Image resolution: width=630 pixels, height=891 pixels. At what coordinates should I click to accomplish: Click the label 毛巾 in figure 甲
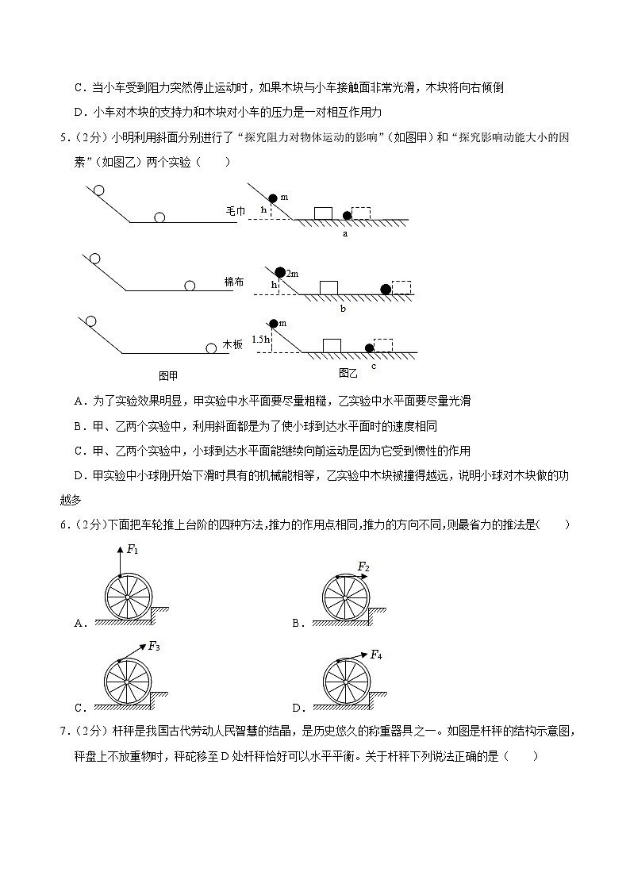(236, 211)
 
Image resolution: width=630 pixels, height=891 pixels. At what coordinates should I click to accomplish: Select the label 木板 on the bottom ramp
(232, 344)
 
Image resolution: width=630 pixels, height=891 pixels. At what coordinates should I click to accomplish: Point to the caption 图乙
(348, 372)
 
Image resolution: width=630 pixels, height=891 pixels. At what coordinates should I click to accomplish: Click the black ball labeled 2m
(280, 272)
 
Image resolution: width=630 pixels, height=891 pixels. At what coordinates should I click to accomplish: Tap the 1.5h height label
(259, 339)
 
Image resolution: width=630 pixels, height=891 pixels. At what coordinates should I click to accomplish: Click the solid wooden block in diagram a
(323, 213)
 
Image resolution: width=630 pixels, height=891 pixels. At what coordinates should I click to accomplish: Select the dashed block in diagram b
(401, 287)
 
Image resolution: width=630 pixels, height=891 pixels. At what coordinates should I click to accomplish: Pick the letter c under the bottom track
(373, 366)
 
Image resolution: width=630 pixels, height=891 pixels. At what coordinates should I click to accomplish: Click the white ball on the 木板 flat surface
(211, 348)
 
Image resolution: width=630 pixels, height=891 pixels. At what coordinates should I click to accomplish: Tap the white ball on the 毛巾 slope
(98, 190)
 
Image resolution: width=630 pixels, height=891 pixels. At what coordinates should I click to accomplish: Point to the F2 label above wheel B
(363, 566)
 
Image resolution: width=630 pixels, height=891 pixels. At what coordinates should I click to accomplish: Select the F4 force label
(376, 655)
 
